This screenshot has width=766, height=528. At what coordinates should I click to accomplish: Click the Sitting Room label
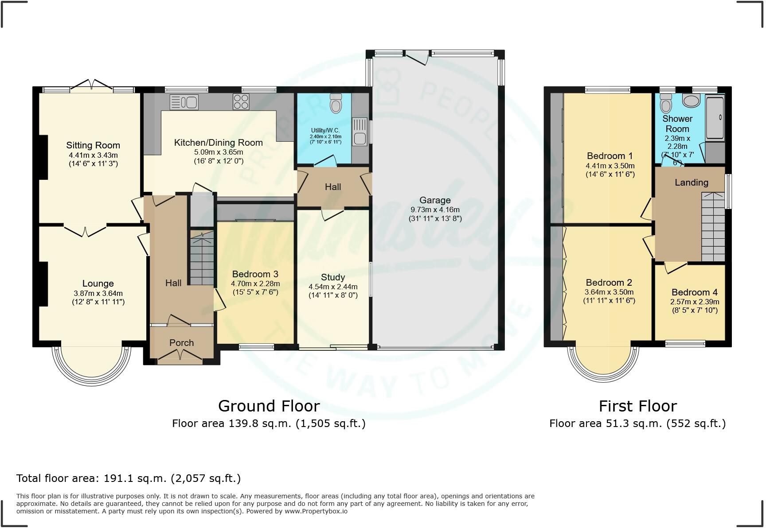pos(93,145)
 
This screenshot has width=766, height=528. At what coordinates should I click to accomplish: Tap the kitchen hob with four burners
pos(241,102)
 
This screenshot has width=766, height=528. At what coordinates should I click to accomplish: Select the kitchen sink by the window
pos(184,102)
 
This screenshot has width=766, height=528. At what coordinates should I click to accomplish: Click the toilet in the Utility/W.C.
pos(336,104)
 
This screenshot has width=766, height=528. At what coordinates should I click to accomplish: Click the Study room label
pos(333,277)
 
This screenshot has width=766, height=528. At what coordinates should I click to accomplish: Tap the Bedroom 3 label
pos(255,274)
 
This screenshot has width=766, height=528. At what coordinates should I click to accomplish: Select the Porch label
pos(181,343)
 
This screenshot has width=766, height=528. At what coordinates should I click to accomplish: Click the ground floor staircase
pos(202,259)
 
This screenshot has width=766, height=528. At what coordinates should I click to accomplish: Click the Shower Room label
pos(677,124)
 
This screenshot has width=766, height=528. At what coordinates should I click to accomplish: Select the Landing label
pos(691,182)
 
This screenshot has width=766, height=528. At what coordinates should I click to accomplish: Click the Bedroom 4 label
pos(694,292)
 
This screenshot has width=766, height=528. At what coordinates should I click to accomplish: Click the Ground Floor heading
pos(269,406)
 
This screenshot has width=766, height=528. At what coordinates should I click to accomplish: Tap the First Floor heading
pos(637,406)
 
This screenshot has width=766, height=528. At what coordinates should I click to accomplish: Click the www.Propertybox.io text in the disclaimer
pos(316,511)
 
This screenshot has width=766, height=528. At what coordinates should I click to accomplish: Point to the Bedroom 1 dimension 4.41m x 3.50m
pos(610,166)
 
